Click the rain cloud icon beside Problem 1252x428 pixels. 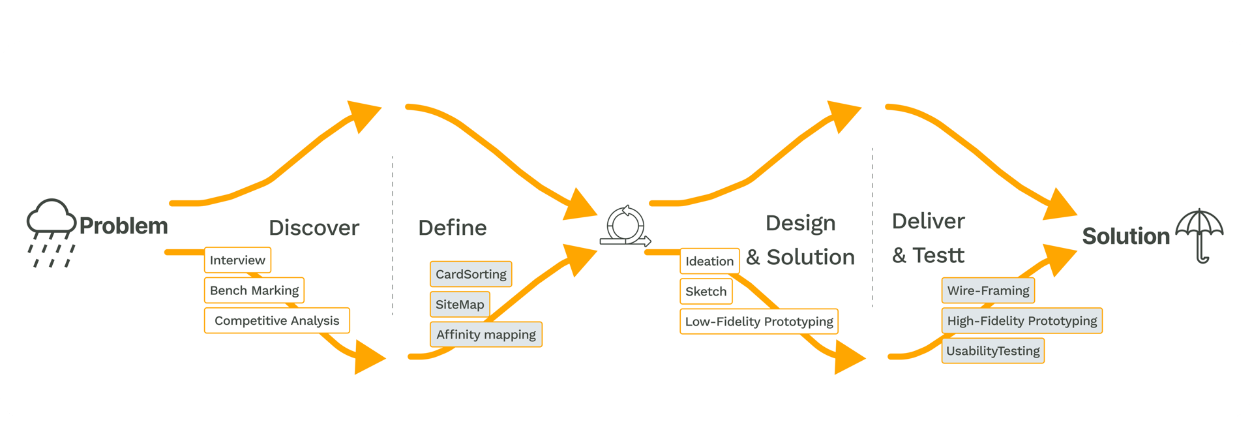[51, 232]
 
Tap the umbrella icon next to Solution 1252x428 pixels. [1199, 235]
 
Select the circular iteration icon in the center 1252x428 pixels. [625, 226]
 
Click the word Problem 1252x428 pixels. [123, 226]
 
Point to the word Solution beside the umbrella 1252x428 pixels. [1125, 236]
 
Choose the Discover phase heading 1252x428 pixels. [314, 228]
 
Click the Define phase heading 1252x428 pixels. [452, 228]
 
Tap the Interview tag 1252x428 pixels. [237, 260]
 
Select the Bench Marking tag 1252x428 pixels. [254, 290]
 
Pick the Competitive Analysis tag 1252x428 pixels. [276, 320]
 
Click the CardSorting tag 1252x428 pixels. [471, 274]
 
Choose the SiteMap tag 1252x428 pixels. [460, 305]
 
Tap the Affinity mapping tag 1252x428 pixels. [486, 335]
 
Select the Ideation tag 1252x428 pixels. [709, 261]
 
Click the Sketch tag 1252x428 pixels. [706, 292]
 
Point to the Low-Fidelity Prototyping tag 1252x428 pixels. [759, 322]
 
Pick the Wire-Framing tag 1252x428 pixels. [988, 290]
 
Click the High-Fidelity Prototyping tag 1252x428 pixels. [1022, 321]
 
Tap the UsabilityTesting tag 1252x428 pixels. [992, 351]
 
